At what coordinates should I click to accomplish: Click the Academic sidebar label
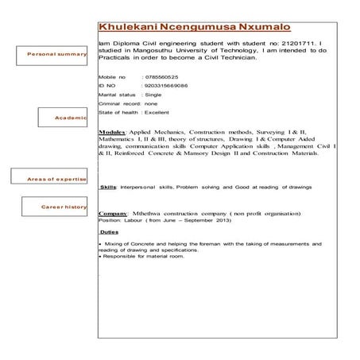(x=71, y=117)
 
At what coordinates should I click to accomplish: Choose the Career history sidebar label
(x=64, y=207)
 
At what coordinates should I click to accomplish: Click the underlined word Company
(x=114, y=215)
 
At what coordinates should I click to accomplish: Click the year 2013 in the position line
(x=231, y=223)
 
